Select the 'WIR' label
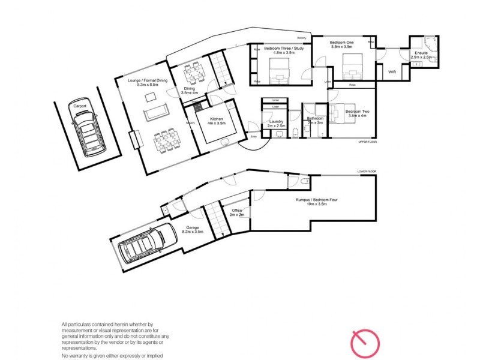click(392, 71)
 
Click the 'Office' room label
click(236, 210)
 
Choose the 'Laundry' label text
click(276, 121)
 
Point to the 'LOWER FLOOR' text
click(366, 172)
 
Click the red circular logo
click(365, 343)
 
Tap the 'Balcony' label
click(301, 38)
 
